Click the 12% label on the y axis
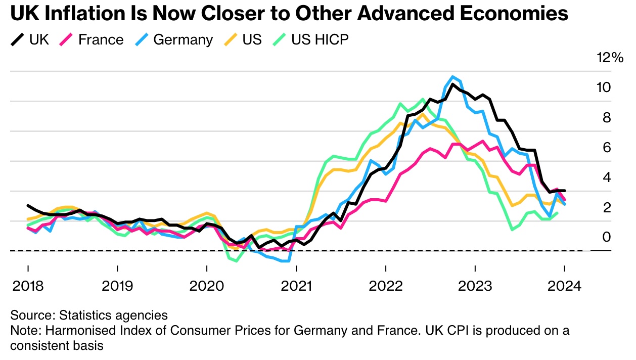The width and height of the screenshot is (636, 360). pos(610,58)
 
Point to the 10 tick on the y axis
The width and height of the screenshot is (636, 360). pos(603,87)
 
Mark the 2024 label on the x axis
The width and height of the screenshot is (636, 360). pos(564,286)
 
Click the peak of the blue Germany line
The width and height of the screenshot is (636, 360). pos(453,77)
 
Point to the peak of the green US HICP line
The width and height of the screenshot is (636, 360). pos(423,99)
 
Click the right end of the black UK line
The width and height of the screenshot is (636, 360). pos(564,191)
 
